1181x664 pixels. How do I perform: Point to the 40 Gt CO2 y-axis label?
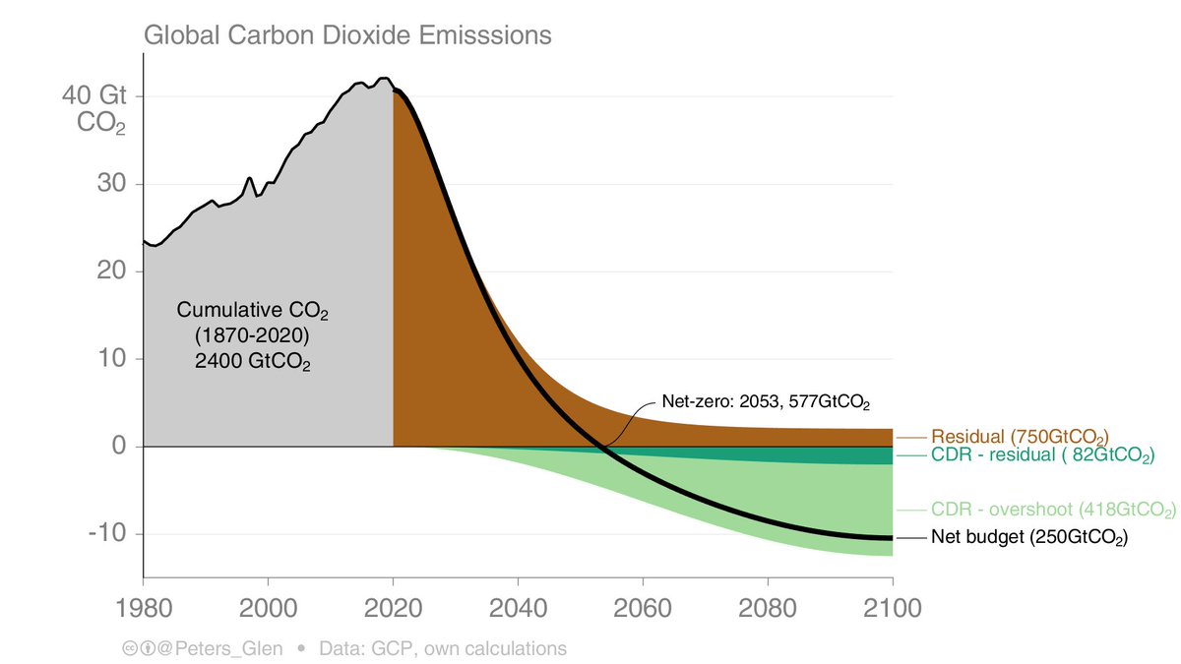pos(93,110)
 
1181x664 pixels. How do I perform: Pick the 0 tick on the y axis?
pos(117,447)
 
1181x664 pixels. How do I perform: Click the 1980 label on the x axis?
pos(144,608)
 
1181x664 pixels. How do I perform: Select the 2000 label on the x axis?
pos(269,608)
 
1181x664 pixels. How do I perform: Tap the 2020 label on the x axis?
pos(394,608)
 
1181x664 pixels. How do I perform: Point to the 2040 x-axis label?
pos(518,608)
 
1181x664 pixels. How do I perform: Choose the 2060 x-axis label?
pos(643,608)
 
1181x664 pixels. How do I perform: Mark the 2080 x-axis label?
pos(768,608)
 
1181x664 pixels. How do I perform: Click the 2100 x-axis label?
pos(892,608)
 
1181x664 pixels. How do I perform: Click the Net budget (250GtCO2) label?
pos(1028,538)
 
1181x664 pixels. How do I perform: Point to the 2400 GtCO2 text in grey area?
pos(252,360)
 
